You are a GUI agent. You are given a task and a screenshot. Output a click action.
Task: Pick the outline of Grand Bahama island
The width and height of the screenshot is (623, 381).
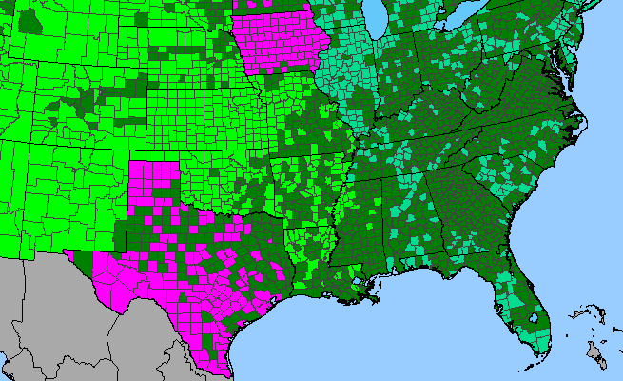click(x=580, y=312)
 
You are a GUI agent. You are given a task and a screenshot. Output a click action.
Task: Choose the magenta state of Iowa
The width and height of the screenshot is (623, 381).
click(x=282, y=44)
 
